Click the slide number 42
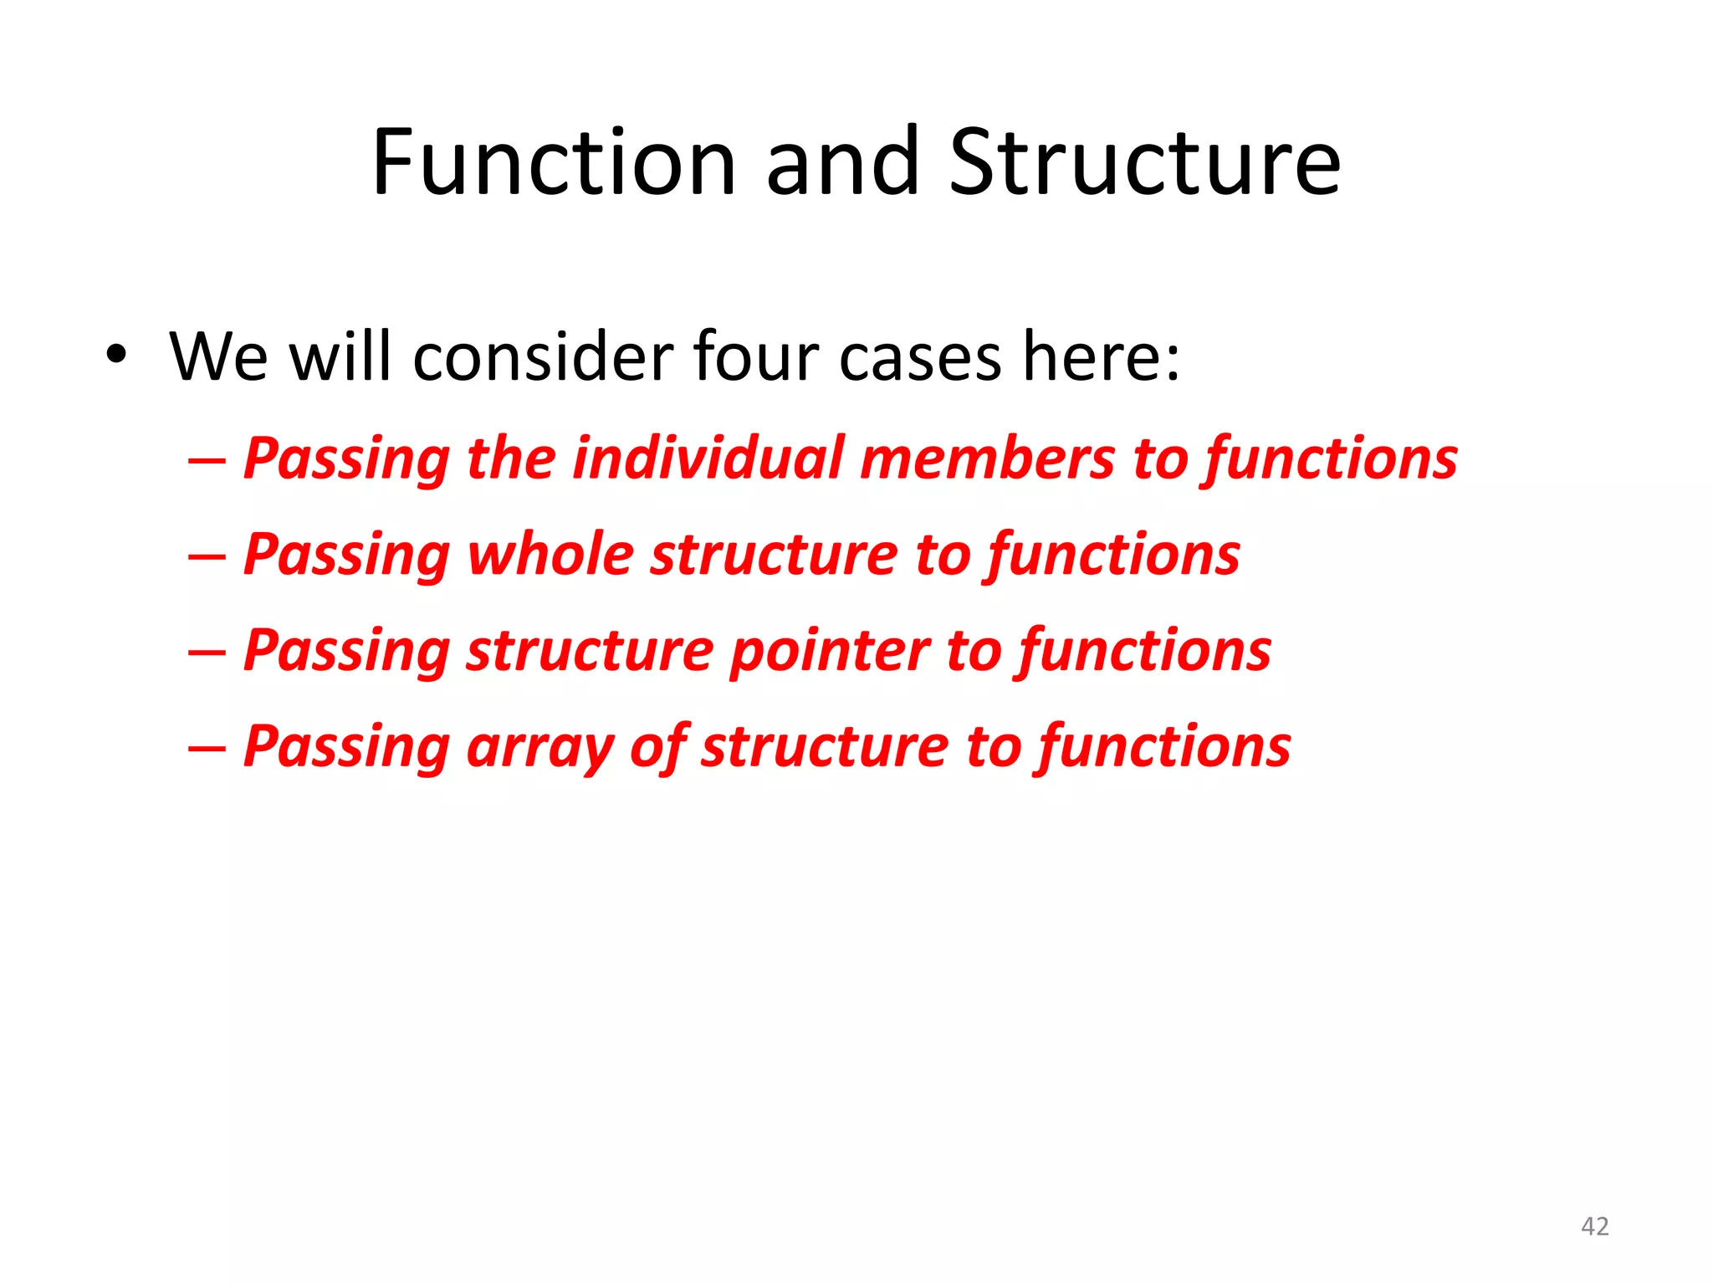[x=1594, y=1226]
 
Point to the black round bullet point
[x=116, y=356]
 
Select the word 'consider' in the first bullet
[x=543, y=357]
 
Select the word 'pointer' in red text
[x=829, y=651]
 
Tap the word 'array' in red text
[x=539, y=747]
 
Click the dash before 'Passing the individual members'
[x=207, y=461]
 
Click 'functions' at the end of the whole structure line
[x=1113, y=555]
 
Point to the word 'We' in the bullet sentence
[x=218, y=357]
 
